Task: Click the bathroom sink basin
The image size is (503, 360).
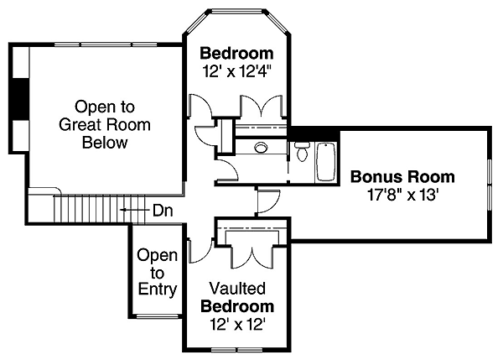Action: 261,148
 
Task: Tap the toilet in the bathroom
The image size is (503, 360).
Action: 302,153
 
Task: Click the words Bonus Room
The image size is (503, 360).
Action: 402,177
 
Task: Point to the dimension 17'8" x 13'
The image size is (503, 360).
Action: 402,195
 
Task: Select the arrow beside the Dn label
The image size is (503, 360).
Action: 131,210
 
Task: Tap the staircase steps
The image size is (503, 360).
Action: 84,206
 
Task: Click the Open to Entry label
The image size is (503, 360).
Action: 157,273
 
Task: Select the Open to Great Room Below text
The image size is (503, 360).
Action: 104,125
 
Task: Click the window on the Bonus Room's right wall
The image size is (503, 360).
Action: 489,183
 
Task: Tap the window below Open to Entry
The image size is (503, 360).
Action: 157,316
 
